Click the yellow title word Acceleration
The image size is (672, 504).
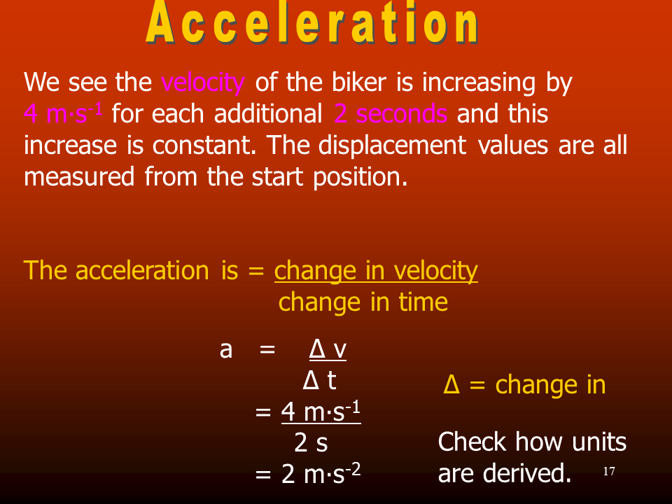(313, 22)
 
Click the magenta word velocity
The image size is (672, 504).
(203, 83)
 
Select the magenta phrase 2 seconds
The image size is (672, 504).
(391, 113)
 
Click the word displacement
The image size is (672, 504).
(392, 146)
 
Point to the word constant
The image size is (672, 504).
(204, 146)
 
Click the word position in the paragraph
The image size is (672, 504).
(360, 177)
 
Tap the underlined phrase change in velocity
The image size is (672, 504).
(376, 272)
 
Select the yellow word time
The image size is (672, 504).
(423, 302)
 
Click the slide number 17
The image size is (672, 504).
(609, 471)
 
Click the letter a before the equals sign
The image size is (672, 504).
(226, 350)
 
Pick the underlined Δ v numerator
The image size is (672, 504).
(328, 349)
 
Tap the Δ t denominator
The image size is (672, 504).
(319, 380)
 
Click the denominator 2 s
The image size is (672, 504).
(311, 442)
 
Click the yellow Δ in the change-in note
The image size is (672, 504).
(451, 384)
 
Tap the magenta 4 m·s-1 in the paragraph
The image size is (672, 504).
(63, 113)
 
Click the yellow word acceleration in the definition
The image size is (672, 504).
(142, 272)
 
